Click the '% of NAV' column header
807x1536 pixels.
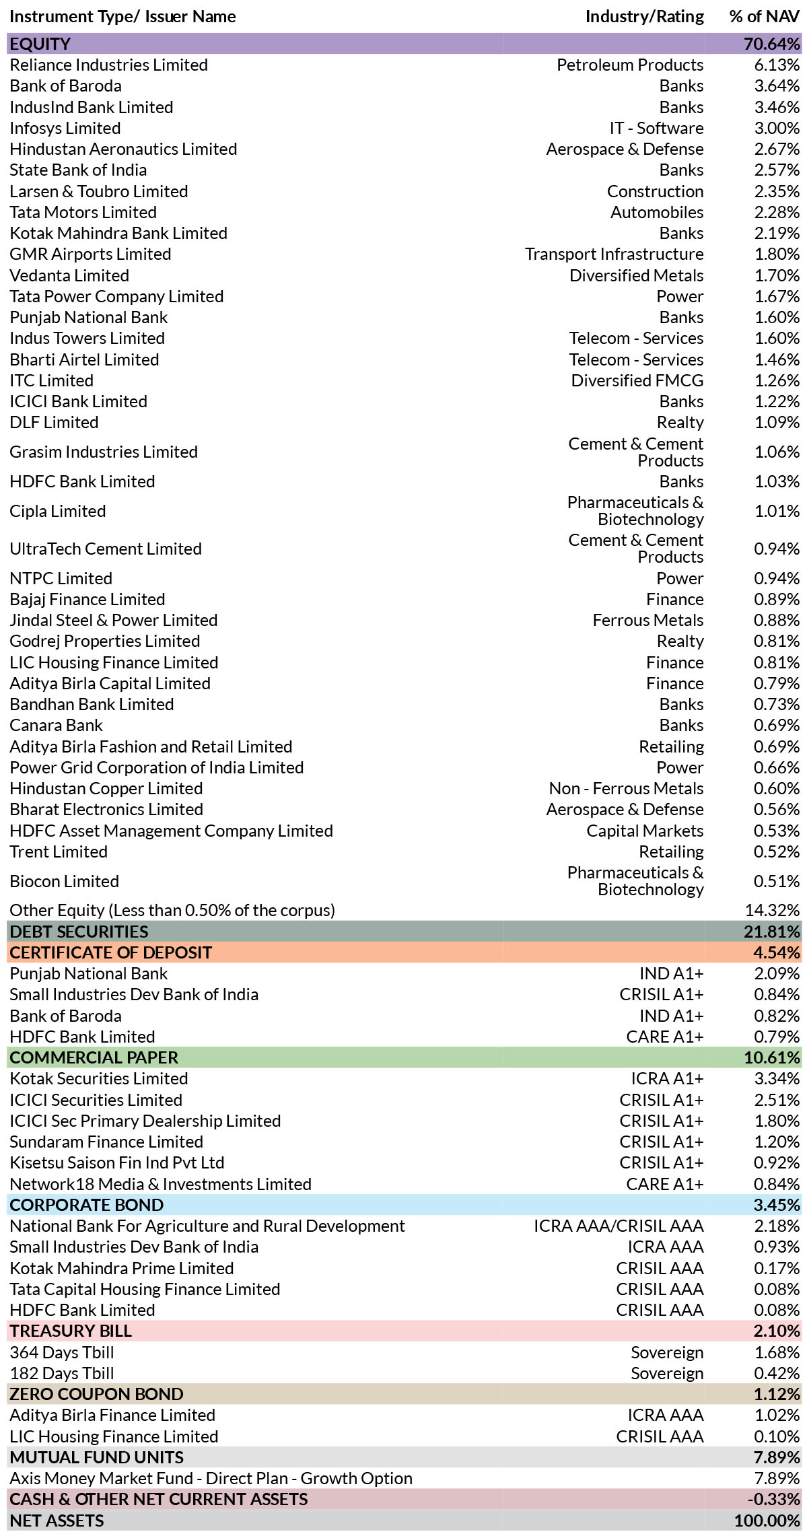pos(765,17)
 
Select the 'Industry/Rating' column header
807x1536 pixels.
pos(644,17)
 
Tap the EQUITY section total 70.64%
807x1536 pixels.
pos(772,44)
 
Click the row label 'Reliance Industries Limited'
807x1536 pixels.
pos(108,65)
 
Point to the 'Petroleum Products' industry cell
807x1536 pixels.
pos(630,65)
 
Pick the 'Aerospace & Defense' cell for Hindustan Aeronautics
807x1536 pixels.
pos(625,149)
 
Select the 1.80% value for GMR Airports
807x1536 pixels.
pos(777,254)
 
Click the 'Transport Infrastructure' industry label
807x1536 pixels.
pos(615,254)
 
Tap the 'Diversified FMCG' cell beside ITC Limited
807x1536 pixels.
pos(637,381)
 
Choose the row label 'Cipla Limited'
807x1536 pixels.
pos(58,512)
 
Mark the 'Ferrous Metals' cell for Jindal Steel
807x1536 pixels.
pos(648,621)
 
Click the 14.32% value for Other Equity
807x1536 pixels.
pos(773,911)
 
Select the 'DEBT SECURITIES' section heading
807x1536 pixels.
pos(79,932)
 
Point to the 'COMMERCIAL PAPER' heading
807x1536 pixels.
pos(94,1058)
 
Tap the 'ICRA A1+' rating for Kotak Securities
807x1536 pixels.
pos(667,1079)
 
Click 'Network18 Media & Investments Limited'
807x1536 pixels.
pos(160,1184)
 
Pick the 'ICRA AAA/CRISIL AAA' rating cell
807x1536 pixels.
pos(619,1226)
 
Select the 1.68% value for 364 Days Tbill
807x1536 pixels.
pos(777,1353)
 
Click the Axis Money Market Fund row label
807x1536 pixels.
pos(211,1479)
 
